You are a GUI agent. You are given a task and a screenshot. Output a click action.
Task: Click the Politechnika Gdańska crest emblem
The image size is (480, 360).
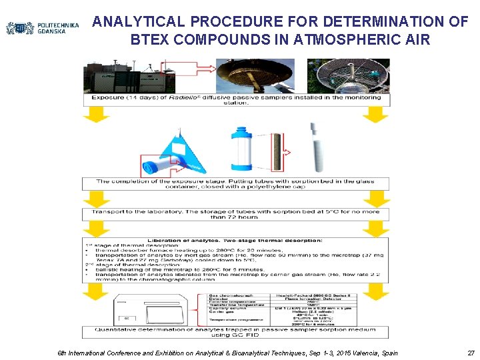point(20,28)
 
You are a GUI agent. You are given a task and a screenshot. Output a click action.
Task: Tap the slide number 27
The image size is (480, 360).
point(471,352)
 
